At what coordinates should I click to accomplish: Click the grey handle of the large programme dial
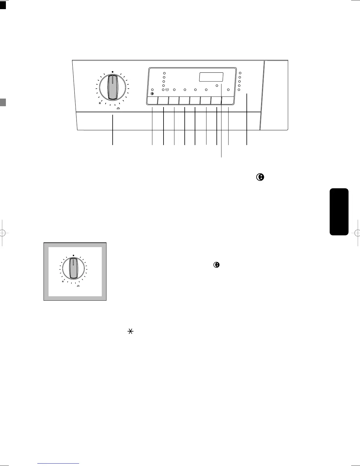112,87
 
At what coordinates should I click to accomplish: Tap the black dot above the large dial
113,71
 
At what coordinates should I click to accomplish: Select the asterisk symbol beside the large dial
100,103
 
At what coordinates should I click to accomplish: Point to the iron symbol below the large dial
118,108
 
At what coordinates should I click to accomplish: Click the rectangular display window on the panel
211,77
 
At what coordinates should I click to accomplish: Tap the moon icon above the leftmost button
152,94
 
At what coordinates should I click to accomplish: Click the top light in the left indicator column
164,73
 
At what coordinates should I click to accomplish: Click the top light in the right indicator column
240,73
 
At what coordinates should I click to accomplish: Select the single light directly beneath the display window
217,85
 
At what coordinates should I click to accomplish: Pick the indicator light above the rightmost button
228,89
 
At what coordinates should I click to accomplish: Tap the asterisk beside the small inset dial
63,282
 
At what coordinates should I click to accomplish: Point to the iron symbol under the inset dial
78,286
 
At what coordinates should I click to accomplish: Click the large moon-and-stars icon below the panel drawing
260,177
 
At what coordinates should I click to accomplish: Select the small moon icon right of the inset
216,265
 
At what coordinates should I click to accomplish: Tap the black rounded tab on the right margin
339,212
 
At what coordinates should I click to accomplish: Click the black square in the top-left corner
3,5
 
